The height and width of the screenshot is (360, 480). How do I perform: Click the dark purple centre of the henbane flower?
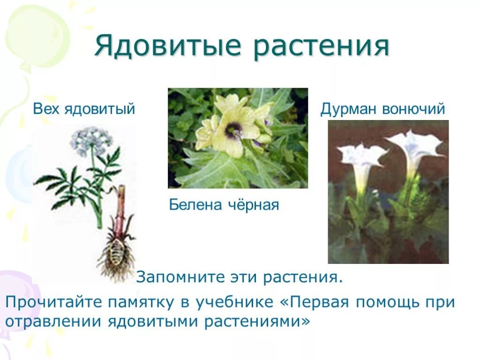tap(232, 130)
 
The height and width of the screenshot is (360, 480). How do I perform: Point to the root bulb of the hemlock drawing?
tap(116, 251)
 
